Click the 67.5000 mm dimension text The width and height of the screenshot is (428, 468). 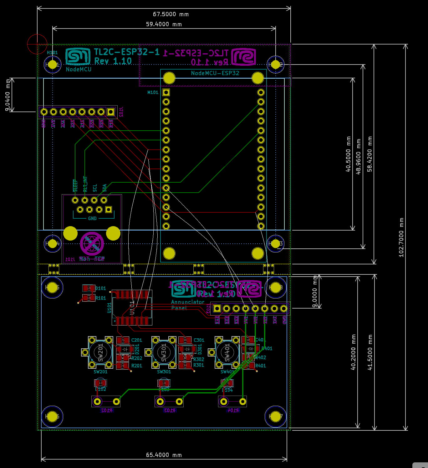pos(171,14)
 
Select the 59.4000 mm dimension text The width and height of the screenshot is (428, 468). pos(164,24)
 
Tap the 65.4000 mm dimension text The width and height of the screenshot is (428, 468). pos(164,455)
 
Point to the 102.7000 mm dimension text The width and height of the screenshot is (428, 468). pos(401,237)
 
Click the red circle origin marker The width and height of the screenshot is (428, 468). pos(37,44)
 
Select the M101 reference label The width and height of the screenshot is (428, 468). pos(153,92)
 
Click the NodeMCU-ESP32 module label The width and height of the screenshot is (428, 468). pos(215,73)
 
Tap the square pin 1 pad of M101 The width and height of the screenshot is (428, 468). pos(166,92)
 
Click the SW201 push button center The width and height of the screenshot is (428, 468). pos(100,353)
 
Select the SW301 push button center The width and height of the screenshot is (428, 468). pos(164,353)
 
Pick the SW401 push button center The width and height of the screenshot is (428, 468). pos(227,353)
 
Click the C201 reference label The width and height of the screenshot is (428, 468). pos(137,340)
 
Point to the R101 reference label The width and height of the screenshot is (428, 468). pos(101,298)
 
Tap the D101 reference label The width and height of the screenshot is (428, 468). pos(101,289)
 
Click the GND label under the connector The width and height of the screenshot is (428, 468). pos(92,219)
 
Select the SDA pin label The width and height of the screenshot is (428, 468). pos(104,188)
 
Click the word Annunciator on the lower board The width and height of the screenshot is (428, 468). pos(188,302)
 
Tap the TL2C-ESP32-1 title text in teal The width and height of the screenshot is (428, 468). pos(127,52)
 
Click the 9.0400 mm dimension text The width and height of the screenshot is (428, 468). pos(8,95)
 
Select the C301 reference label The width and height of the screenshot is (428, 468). pos(199,340)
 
